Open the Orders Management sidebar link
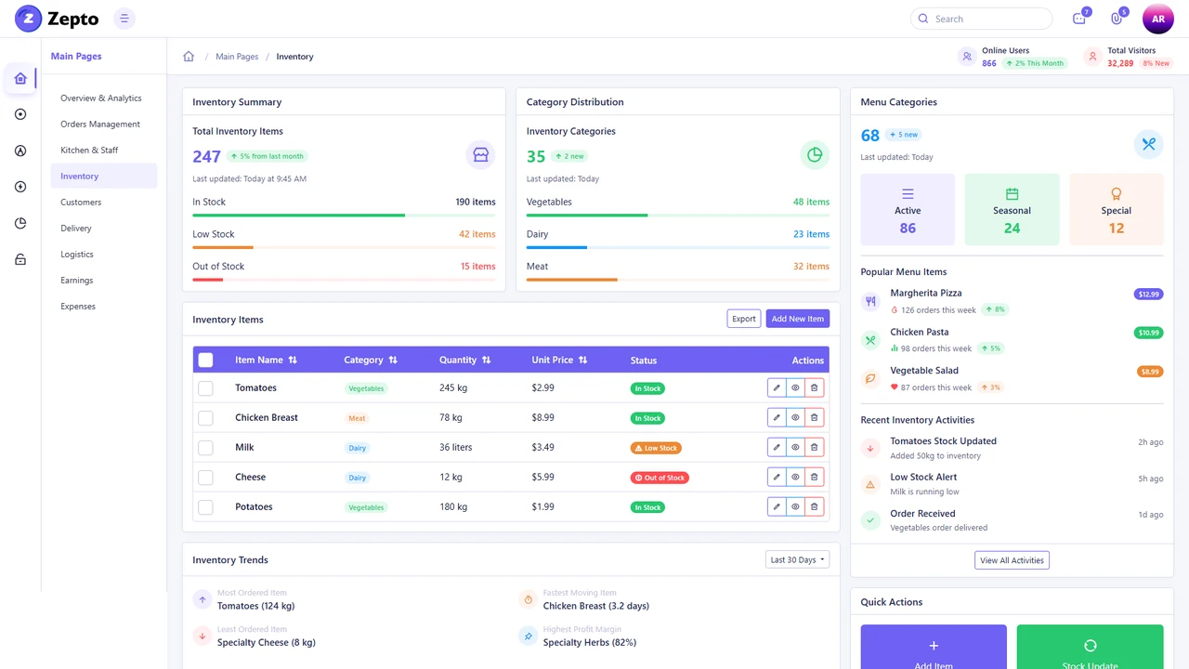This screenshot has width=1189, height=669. tap(100, 124)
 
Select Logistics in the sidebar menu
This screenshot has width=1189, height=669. tap(77, 254)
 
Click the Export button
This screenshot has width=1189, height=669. tap(743, 319)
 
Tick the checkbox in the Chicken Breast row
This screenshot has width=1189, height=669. tap(205, 418)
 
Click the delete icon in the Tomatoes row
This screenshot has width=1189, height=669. tap(814, 388)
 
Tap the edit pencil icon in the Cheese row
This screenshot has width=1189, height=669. tap(777, 478)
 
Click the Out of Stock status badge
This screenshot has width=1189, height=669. tap(660, 478)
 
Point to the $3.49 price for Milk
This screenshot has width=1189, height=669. tap(542, 447)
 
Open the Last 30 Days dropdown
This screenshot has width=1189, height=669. tap(797, 559)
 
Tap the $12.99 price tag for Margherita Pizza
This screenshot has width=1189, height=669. tap(1148, 294)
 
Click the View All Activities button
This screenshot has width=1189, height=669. tap(1012, 560)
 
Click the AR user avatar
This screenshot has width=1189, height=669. tap(1157, 19)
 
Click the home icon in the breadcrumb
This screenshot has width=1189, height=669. tap(189, 57)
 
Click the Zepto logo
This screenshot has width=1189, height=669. tap(57, 19)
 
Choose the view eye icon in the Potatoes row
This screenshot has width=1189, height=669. tap(795, 507)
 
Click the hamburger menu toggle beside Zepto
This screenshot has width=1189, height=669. tap(124, 19)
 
